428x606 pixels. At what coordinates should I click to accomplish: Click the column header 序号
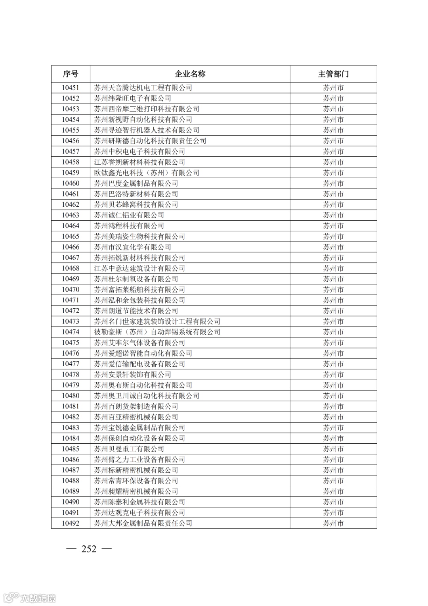[x=71, y=74]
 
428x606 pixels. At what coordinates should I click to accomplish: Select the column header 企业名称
[x=190, y=74]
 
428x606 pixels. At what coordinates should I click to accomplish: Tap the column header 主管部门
[x=333, y=74]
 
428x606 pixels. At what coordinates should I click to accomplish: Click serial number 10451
[x=71, y=88]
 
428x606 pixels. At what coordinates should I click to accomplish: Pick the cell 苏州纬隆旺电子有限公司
[x=133, y=98]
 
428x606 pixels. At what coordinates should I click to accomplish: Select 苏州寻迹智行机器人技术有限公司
[x=147, y=130]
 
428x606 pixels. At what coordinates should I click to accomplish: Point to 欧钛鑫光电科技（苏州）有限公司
[x=147, y=173]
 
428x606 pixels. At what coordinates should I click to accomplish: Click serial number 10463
[x=71, y=215]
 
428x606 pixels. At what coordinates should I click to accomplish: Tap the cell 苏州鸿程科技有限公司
[x=129, y=226]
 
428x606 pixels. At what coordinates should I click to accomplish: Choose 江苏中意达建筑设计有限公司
[x=139, y=268]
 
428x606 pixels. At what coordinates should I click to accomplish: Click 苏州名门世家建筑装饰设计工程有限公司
[x=157, y=321]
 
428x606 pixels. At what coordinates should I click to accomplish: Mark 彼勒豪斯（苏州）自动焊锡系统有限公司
[x=157, y=332]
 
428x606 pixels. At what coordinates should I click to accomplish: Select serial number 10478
[x=71, y=375]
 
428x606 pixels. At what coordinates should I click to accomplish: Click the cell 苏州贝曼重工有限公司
[x=129, y=449]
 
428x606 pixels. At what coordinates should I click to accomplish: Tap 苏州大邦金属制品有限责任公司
[x=143, y=523]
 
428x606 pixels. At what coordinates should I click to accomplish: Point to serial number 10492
[x=71, y=523]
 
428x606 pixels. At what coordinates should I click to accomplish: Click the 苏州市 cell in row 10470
[x=333, y=290]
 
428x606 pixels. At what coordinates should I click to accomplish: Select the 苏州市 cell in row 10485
[x=333, y=449]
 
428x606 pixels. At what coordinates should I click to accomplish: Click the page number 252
[x=89, y=549]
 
